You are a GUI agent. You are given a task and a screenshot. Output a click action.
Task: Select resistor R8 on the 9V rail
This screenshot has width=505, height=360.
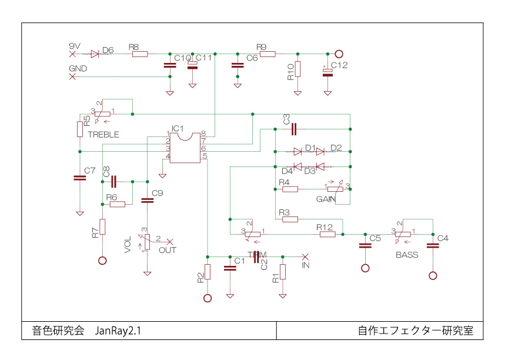[140, 54]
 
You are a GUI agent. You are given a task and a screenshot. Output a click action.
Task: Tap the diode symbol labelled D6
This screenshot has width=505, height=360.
[95, 54]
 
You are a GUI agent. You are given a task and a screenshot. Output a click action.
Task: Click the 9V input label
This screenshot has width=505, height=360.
[75, 46]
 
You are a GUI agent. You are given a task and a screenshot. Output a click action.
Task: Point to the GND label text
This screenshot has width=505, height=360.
[78, 69]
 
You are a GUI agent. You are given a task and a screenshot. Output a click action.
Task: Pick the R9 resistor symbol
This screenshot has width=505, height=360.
[267, 54]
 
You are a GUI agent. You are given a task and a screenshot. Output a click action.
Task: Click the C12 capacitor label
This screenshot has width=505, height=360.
[339, 65]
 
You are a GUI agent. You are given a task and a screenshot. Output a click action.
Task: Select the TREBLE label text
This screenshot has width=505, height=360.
[103, 134]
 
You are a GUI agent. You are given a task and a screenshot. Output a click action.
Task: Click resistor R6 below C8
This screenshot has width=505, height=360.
[118, 204]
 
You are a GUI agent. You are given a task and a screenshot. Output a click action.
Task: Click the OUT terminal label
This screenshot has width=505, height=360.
[168, 250]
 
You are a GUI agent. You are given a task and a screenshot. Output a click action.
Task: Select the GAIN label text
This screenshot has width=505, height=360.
[326, 199]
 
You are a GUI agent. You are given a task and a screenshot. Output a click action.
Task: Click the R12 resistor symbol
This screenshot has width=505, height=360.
[327, 234]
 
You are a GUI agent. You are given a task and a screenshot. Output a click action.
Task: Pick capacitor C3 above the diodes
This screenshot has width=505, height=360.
[294, 128]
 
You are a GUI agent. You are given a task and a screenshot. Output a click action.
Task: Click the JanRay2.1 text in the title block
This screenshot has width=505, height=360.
[118, 331]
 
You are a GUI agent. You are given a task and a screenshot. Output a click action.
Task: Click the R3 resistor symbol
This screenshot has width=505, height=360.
[290, 219]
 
